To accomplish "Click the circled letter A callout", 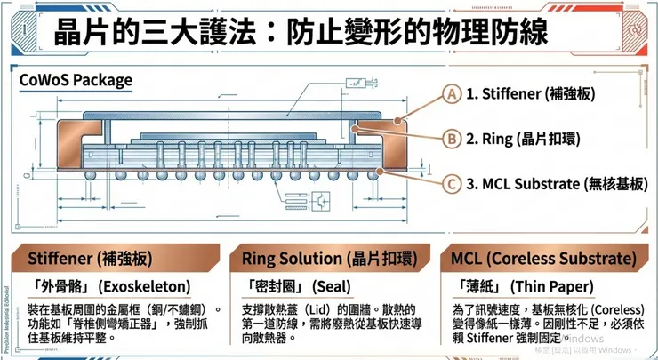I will pyautogui.click(x=453, y=93).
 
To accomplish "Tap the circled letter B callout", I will pyautogui.click(x=453, y=139).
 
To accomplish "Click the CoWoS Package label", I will pyautogui.click(x=76, y=81).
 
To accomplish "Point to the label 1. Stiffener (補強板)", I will pyautogui.click(x=531, y=93).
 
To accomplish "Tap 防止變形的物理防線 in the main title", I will pyautogui.click(x=417, y=32).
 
